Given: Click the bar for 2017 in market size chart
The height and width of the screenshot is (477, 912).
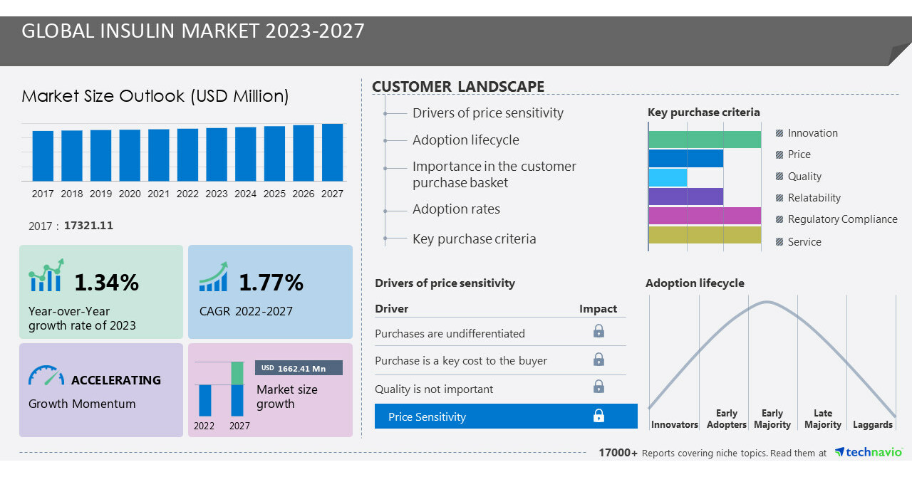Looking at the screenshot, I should pyautogui.click(x=43, y=155).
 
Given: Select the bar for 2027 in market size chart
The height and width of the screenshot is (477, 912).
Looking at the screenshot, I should pyautogui.click(x=332, y=152).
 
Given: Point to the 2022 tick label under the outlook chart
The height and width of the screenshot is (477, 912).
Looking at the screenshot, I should pyautogui.click(x=187, y=194).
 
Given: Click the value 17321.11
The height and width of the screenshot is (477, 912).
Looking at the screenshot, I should pyautogui.click(x=88, y=226).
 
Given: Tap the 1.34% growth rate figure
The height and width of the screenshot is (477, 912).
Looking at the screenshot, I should pyautogui.click(x=106, y=283).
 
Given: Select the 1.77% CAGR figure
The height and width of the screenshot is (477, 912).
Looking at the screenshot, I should pyautogui.click(x=271, y=283).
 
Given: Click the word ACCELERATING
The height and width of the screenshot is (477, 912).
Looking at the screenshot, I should pyautogui.click(x=116, y=380).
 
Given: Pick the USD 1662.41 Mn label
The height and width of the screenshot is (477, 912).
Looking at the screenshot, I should pyautogui.click(x=299, y=368).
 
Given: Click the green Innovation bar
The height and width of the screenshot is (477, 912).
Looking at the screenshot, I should pyautogui.click(x=705, y=140).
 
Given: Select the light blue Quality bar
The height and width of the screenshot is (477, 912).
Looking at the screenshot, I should pyautogui.click(x=668, y=177).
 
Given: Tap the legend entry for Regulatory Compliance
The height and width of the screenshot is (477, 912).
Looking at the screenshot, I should pyautogui.click(x=842, y=219).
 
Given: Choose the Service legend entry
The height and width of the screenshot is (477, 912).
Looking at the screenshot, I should pyautogui.click(x=804, y=242).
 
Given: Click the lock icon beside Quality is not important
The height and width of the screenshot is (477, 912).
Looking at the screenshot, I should pyautogui.click(x=598, y=387).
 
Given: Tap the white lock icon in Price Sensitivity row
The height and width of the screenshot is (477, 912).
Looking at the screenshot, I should pyautogui.click(x=598, y=416).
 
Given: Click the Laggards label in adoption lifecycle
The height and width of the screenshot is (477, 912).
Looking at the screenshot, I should pyautogui.click(x=872, y=424).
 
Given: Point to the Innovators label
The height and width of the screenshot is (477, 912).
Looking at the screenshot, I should pyautogui.click(x=674, y=424).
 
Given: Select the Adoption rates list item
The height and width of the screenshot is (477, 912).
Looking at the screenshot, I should pyautogui.click(x=456, y=209).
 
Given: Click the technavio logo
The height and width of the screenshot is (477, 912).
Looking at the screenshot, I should pyautogui.click(x=868, y=452).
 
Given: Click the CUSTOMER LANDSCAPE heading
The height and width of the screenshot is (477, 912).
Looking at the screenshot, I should pyautogui.click(x=458, y=87).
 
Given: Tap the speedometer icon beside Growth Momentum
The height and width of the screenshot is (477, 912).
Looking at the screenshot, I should pyautogui.click(x=46, y=376).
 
